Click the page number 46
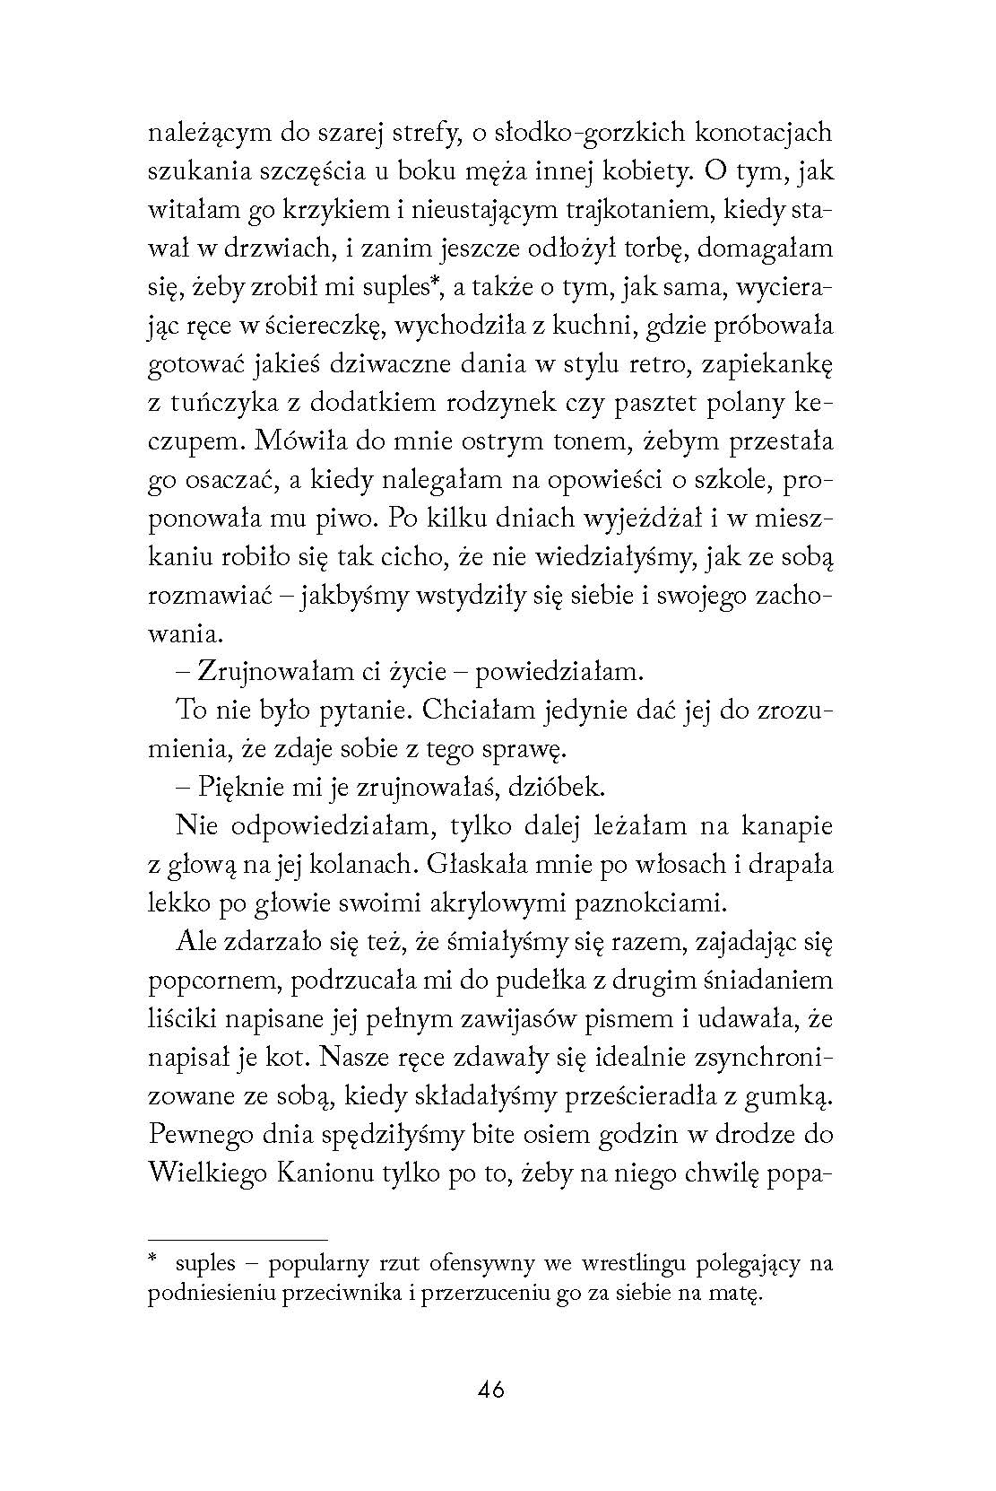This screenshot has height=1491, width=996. click(x=491, y=1390)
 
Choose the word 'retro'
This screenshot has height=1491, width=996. click(x=637, y=365)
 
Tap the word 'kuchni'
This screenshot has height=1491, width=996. click(x=588, y=326)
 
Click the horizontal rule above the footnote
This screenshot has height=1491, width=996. click(x=238, y=1239)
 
